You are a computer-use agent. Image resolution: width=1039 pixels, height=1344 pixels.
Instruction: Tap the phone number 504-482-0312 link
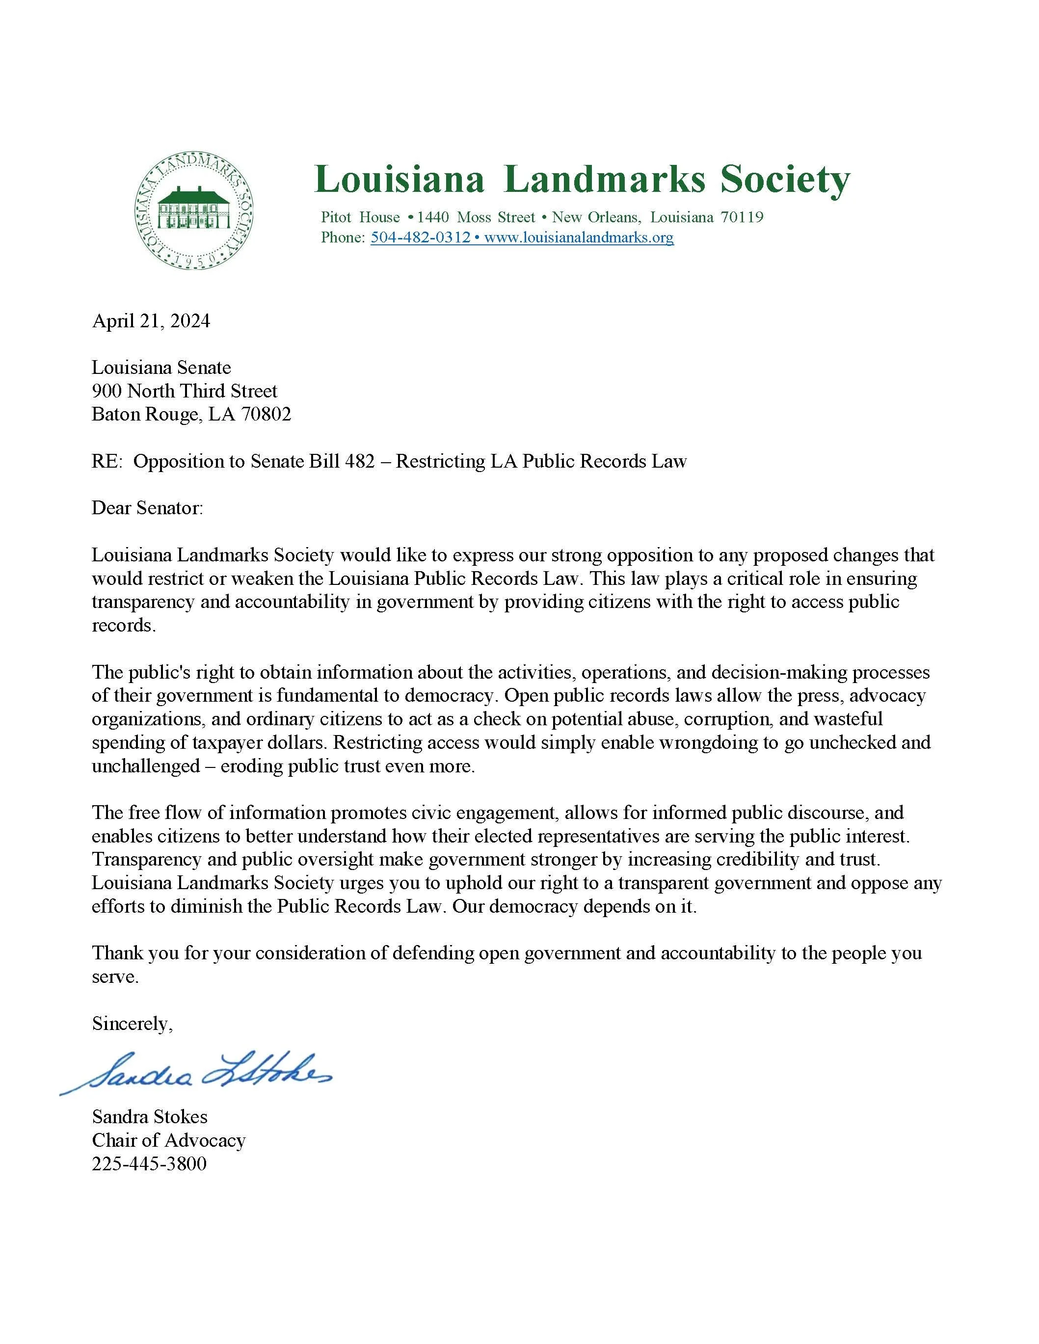(x=421, y=237)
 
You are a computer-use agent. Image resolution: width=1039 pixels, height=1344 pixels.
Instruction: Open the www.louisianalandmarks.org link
(x=579, y=237)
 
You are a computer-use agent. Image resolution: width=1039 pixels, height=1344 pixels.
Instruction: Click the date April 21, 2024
(x=151, y=320)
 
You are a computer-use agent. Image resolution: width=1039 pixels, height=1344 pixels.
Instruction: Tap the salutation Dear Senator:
(x=147, y=508)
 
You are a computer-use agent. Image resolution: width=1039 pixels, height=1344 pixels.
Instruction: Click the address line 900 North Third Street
(x=185, y=391)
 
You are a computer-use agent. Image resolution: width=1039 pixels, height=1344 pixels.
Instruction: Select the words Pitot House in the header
(x=360, y=217)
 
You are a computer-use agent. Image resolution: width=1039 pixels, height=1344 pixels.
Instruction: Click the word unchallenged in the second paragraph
(x=145, y=766)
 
